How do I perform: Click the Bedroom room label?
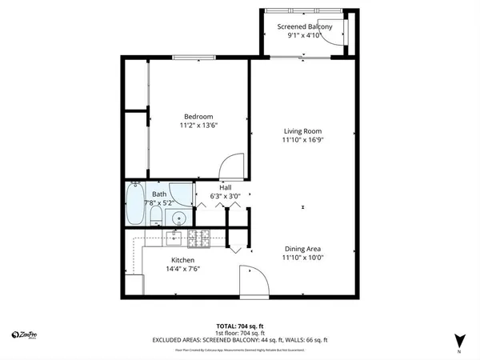[x=198, y=117]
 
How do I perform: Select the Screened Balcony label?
[x=304, y=26]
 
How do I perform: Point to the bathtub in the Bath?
[x=134, y=205]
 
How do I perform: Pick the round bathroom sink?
[x=180, y=217]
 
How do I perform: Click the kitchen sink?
[x=174, y=236]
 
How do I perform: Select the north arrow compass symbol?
[x=459, y=339]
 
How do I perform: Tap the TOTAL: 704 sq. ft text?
[x=240, y=326]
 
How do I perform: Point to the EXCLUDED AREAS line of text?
[x=240, y=340]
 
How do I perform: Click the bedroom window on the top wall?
[x=198, y=57]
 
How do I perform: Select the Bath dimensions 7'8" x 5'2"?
[x=159, y=203]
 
